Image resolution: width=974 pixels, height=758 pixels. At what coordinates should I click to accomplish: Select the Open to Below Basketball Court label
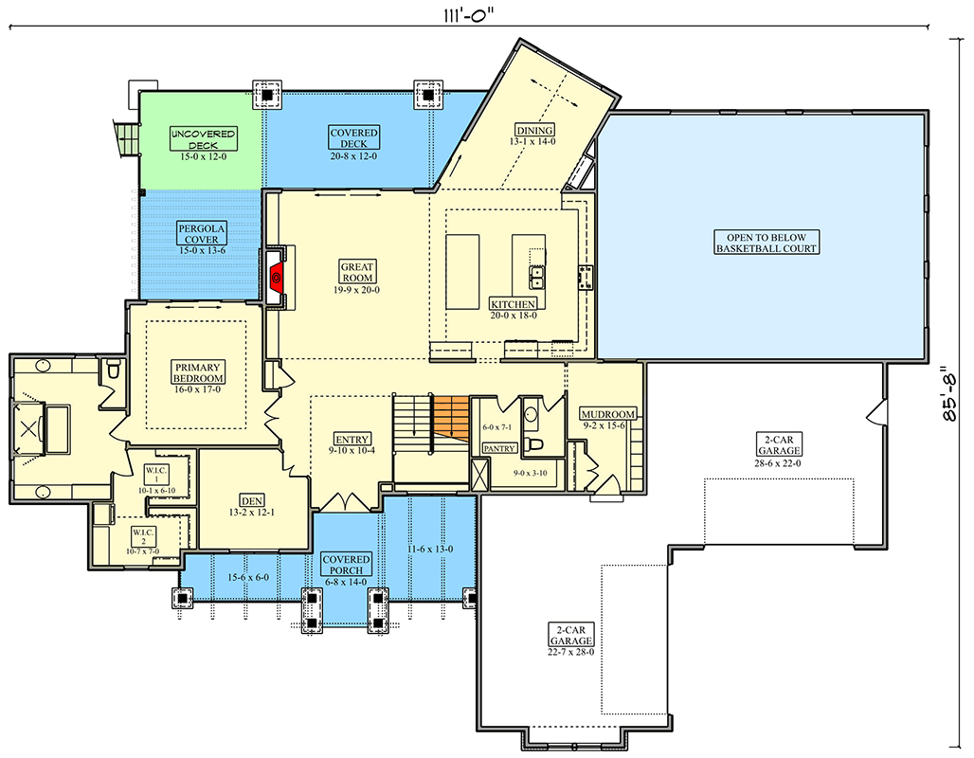(766, 243)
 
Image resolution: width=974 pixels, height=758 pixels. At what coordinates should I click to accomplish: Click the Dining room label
(534, 130)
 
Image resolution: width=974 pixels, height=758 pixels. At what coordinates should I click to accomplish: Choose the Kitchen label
(514, 304)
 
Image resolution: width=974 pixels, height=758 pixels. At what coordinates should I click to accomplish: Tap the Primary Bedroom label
(197, 372)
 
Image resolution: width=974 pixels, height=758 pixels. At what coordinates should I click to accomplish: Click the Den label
(252, 501)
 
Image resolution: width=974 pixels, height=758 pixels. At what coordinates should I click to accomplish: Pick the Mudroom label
(608, 414)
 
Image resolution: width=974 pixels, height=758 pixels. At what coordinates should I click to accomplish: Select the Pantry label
(499, 448)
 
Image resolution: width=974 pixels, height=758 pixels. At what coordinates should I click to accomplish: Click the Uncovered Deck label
(203, 139)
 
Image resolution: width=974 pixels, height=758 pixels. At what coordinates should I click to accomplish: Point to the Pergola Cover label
(201, 234)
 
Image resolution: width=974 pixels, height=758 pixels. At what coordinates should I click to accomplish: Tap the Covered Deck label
(353, 138)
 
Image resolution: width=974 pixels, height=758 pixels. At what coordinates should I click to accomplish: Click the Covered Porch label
(346, 564)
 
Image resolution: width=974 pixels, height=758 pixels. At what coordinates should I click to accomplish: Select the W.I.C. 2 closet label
(143, 536)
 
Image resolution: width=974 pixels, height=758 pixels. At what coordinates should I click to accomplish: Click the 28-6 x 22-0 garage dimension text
(778, 463)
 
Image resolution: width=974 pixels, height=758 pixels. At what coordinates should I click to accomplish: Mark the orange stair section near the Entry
(451, 419)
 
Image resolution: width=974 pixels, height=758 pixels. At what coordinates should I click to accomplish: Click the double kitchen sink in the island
(536, 277)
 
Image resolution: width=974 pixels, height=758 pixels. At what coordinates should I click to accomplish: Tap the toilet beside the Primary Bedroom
(114, 370)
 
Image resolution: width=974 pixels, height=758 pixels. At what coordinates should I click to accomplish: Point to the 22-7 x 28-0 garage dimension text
(570, 652)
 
